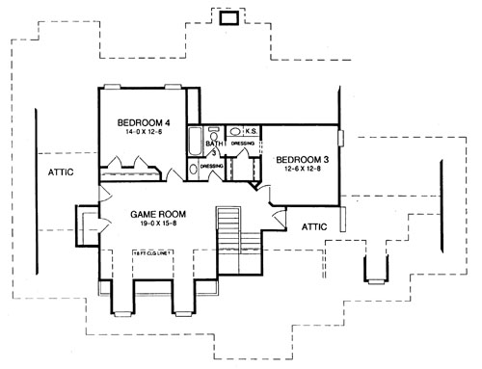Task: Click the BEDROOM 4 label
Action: pyautogui.click(x=144, y=122)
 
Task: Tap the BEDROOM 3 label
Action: pyautogui.click(x=302, y=160)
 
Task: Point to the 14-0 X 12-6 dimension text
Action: pyautogui.click(x=144, y=133)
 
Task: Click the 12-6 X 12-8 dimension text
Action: pyautogui.click(x=302, y=170)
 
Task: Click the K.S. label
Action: pyautogui.click(x=249, y=132)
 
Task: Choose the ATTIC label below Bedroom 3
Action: pyautogui.click(x=315, y=227)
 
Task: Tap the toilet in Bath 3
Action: pyautogui.click(x=214, y=128)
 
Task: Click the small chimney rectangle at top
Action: pyautogui.click(x=229, y=16)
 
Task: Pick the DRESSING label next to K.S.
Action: pyautogui.click(x=243, y=145)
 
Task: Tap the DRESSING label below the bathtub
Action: pyautogui.click(x=212, y=166)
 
